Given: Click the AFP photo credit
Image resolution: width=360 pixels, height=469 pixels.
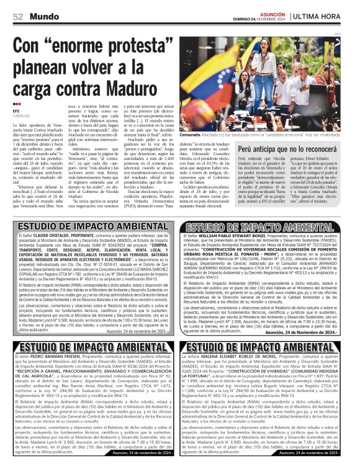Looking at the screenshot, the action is click(354, 33).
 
